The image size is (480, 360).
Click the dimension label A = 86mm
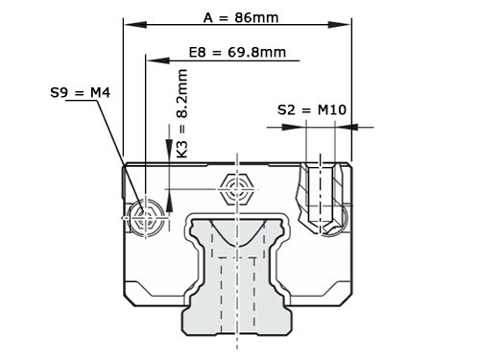pyautogui.click(x=241, y=17)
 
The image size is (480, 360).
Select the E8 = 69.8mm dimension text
pyautogui.click(x=237, y=52)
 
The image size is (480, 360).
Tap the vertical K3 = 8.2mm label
pyautogui.click(x=182, y=113)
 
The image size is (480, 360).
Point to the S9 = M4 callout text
pyautogui.click(x=80, y=93)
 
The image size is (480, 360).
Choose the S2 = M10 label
pyautogui.click(x=312, y=109)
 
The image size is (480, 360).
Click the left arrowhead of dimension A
pyautogui.click(x=135, y=25)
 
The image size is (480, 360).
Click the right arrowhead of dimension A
pyautogui.click(x=340, y=25)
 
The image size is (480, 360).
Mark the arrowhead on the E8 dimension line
pyautogui.click(x=157, y=60)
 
